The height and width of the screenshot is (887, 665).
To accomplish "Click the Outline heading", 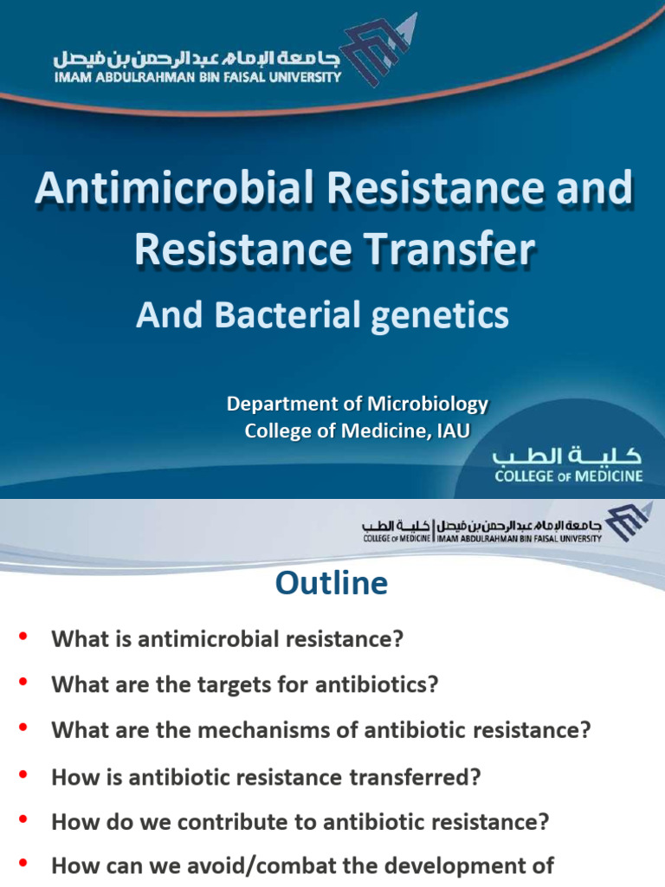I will coord(332,583).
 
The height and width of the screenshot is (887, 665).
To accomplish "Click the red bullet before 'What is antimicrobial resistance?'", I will coord(23,639).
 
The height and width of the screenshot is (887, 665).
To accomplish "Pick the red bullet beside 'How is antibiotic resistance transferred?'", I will coord(23,776).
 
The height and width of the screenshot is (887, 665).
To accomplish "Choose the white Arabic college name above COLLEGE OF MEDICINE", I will coord(567,456).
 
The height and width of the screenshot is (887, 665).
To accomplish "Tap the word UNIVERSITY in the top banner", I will coord(295,76).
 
